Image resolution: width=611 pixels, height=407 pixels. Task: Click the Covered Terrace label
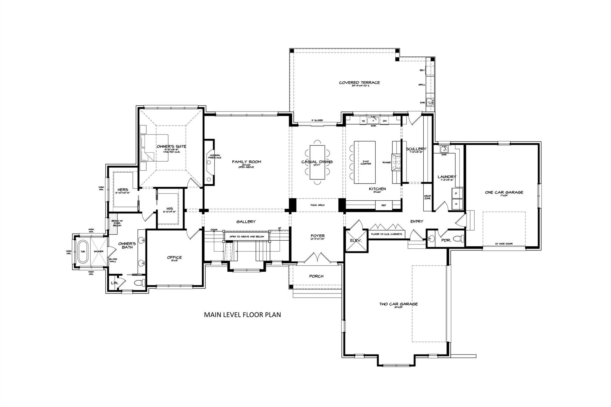coord(359,83)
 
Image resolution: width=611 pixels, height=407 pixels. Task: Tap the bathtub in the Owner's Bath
coord(83,251)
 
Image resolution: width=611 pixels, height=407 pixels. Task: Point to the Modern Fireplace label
coord(215,157)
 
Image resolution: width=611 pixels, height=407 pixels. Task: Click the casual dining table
coord(317,162)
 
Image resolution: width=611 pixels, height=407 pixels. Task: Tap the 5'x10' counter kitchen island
coord(364,163)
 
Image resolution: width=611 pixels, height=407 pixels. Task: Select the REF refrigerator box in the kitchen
coord(384,205)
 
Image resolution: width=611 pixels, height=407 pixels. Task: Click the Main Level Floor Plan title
coord(242,315)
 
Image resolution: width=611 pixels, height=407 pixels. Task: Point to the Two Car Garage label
coord(398,304)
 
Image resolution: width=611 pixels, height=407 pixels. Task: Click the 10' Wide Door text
coord(504,244)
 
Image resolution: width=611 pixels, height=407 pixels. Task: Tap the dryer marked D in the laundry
coord(457,193)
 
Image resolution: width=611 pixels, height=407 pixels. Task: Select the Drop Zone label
coord(427,197)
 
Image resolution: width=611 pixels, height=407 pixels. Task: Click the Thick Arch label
coord(317,205)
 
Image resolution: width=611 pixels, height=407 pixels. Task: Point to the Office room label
coord(174,257)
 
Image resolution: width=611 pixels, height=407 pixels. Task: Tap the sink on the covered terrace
coord(430,103)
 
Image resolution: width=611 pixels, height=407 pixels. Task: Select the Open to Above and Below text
coord(247,236)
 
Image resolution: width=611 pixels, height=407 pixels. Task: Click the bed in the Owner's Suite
coord(155,148)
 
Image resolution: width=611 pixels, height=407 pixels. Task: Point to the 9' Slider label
coord(317,120)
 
